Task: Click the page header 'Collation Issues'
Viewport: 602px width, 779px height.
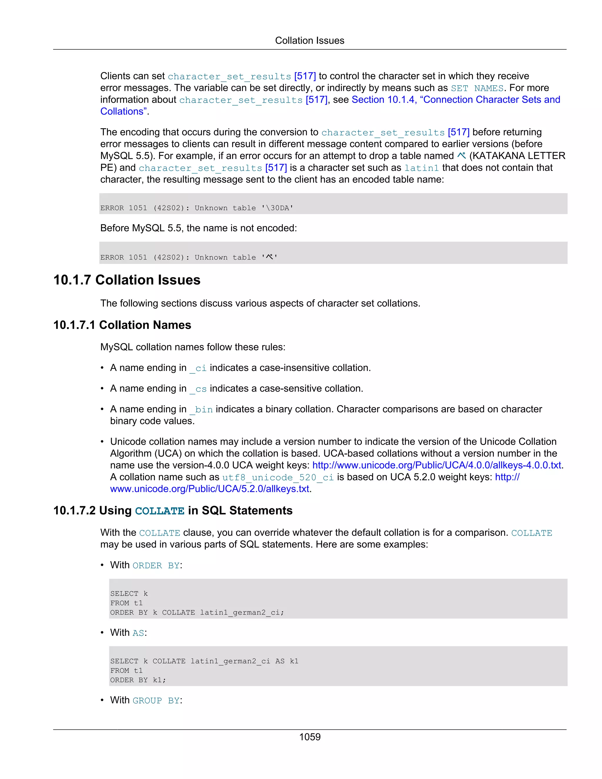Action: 309,41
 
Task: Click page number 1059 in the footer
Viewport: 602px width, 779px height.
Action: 310,737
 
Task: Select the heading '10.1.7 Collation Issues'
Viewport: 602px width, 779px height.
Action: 127,280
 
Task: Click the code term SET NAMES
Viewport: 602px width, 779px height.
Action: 477,88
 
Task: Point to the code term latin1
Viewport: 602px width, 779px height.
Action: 421,168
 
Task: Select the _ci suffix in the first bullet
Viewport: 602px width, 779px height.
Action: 198,368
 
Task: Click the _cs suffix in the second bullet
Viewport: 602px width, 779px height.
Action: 198,389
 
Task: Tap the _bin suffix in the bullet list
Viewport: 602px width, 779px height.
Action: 201,409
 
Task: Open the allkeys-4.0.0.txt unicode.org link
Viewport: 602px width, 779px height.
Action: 437,465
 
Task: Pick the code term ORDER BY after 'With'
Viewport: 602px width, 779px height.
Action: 156,565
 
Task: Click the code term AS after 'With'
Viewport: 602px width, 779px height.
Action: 138,633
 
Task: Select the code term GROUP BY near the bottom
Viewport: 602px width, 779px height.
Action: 156,701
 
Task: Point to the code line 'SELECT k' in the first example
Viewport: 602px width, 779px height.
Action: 129,594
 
